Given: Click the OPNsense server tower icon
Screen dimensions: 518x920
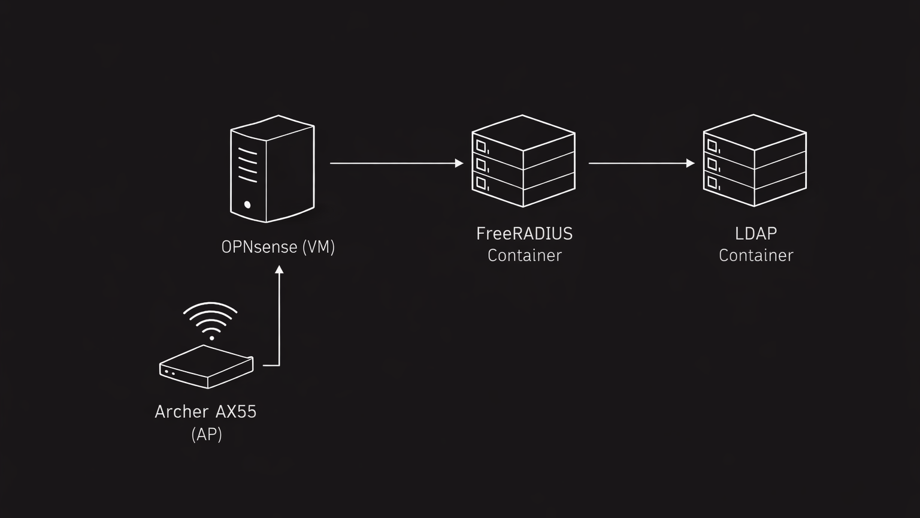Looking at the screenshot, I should (x=273, y=169).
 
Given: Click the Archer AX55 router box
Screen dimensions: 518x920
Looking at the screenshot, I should (x=207, y=366).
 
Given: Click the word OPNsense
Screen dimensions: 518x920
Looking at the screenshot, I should (x=259, y=247).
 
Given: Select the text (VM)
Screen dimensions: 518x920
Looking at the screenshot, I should (x=319, y=247).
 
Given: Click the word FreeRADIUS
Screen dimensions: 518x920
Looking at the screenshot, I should (x=524, y=234).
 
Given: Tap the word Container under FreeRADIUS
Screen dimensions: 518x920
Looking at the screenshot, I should (x=524, y=255).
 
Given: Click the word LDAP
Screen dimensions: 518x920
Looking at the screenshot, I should (x=755, y=234).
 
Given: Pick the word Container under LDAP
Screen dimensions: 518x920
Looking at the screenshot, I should (x=756, y=255).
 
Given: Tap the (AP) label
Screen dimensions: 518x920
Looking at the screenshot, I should (x=207, y=434).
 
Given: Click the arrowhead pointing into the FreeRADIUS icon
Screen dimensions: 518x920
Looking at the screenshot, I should (x=459, y=163).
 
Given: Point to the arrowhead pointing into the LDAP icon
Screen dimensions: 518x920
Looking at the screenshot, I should (x=691, y=163).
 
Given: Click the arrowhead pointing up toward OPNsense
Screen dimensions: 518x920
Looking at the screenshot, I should (x=279, y=270).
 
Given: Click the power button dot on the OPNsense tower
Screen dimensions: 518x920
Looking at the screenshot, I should (x=247, y=204).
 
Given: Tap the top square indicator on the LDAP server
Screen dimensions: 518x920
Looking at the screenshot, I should (x=712, y=145).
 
